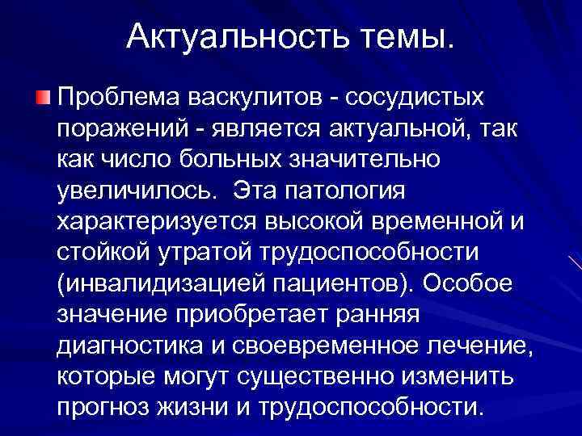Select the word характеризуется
click(x=154, y=220)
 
